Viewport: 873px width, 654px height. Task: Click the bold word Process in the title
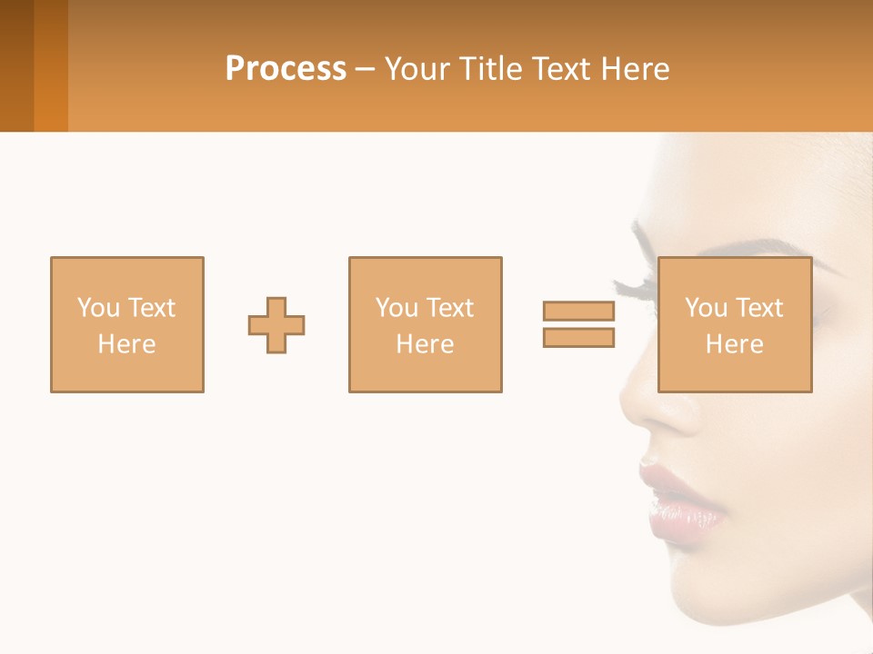[286, 69]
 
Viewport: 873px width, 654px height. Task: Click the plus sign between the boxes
[276, 325]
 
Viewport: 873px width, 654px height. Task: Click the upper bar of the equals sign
[578, 311]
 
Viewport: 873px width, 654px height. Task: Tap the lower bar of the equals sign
[578, 338]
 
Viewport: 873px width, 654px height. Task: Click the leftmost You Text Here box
[126, 272]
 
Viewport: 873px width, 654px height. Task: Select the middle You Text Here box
[425, 272]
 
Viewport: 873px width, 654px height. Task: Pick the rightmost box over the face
[734, 272]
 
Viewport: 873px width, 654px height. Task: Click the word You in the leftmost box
[97, 308]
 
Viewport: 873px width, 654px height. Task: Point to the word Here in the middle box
[425, 344]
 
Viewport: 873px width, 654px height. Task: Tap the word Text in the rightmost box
[759, 308]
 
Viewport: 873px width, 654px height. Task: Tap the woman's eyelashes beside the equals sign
[633, 289]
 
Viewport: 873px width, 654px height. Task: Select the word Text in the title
[559, 69]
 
